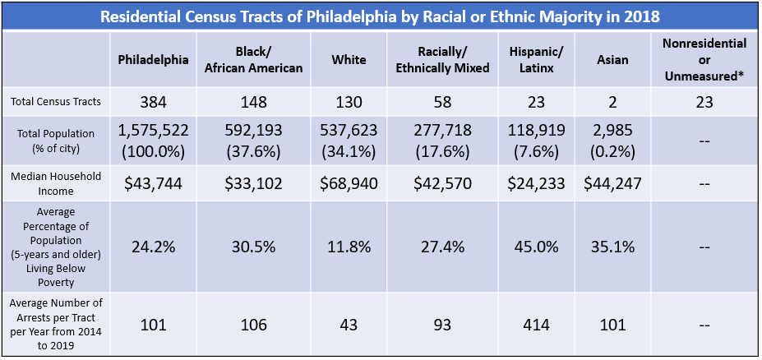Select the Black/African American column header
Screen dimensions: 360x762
click(x=254, y=60)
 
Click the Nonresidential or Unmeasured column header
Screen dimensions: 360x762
click(x=704, y=60)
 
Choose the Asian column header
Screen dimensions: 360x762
click(x=612, y=60)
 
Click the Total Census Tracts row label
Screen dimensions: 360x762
click(x=57, y=102)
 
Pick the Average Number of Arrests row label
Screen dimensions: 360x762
click(x=57, y=325)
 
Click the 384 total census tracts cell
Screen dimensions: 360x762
click(x=153, y=103)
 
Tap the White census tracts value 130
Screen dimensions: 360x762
click(x=349, y=103)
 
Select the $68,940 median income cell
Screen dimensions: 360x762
click(x=349, y=184)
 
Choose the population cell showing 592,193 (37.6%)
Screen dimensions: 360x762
click(x=254, y=142)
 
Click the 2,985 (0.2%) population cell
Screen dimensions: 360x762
click(x=612, y=142)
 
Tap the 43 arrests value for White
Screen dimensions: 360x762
click(x=349, y=325)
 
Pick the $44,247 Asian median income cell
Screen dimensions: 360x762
click(x=612, y=184)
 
